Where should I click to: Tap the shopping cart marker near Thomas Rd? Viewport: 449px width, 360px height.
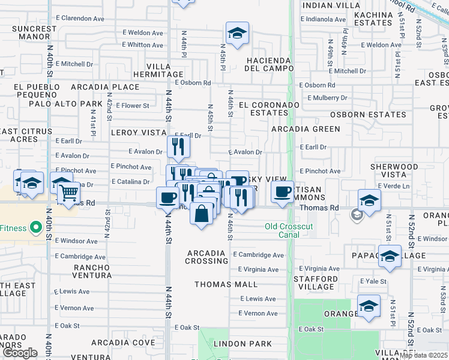point(70,194)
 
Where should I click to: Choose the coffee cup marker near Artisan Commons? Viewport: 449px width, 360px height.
point(282,192)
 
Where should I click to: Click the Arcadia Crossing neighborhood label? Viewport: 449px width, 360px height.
point(206,257)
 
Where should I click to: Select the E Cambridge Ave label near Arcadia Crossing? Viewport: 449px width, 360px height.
point(259,255)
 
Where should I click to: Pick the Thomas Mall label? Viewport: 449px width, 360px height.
point(226,284)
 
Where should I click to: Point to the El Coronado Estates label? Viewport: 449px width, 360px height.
point(268,109)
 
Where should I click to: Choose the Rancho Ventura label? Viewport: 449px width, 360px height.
point(92,271)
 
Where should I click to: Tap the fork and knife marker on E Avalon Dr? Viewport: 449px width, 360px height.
point(178,146)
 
